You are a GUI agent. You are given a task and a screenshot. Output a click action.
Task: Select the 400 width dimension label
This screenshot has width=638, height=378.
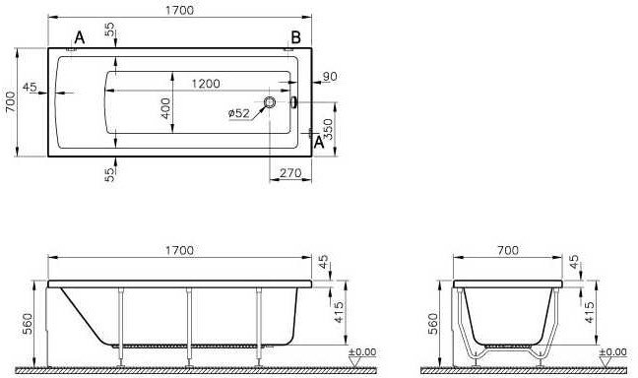click(166, 108)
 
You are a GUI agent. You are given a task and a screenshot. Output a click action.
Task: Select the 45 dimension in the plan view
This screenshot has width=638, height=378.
click(29, 87)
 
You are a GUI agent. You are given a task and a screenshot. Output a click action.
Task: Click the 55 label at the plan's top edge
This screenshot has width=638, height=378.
click(111, 32)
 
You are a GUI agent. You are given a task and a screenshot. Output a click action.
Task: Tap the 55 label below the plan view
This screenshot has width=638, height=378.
click(111, 173)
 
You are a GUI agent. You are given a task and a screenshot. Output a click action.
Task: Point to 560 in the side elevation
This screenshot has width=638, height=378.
click(29, 324)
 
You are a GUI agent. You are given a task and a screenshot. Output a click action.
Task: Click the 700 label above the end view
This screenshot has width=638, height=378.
click(507, 251)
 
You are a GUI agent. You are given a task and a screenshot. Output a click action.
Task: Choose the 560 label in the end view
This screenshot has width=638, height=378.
click(432, 324)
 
